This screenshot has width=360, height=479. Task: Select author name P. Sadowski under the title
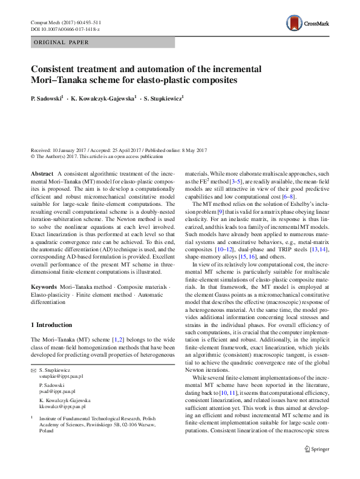pos(46,96)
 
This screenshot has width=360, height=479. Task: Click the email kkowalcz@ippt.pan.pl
pos(62,407)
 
